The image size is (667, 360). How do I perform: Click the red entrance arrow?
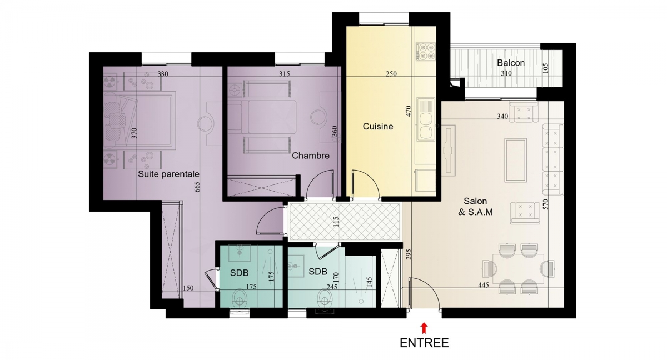424,328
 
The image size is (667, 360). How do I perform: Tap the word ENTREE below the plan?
424,343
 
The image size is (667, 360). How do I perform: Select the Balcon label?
511,63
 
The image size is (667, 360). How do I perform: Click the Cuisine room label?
378,127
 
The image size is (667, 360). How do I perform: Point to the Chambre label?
311,156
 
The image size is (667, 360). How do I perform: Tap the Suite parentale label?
168,174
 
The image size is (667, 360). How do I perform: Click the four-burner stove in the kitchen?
426,52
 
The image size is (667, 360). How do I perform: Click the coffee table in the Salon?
515,160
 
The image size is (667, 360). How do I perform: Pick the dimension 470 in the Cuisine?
408,111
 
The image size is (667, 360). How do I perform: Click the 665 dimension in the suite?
197,187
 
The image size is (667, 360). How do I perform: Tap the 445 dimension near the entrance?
483,285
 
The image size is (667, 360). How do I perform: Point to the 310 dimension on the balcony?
506,73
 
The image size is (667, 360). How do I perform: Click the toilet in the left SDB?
240,298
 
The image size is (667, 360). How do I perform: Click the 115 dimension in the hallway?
336,222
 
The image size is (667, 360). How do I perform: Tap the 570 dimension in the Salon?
545,204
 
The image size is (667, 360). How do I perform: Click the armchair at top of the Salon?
524,112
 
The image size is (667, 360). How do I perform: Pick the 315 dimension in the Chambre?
285,73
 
